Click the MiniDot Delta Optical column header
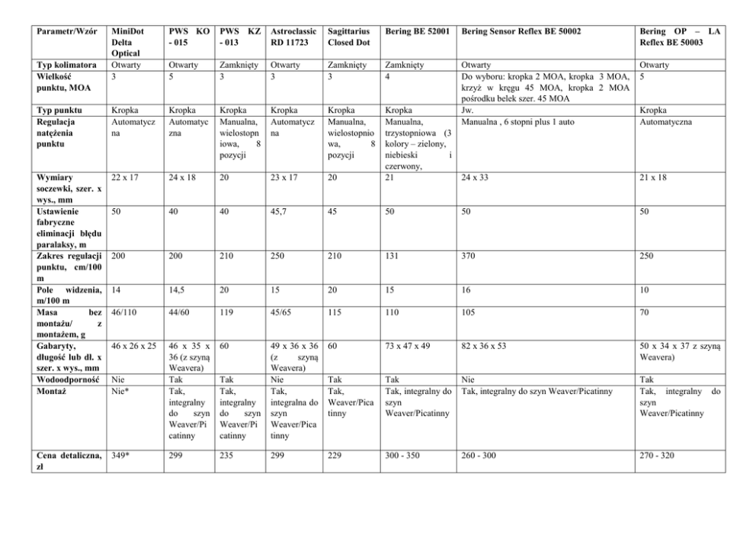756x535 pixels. [x=126, y=43]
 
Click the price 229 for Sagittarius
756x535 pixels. [x=336, y=455]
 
